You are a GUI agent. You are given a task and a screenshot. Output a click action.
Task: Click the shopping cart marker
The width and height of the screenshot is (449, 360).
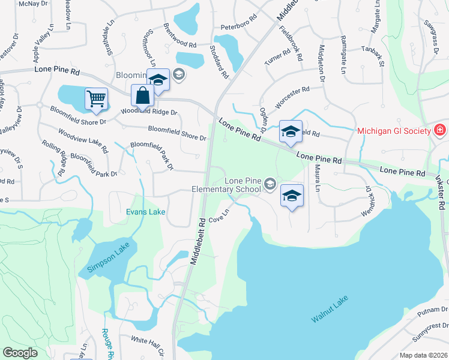(97, 99)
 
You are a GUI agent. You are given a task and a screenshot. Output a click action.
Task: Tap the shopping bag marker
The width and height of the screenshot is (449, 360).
(142, 96)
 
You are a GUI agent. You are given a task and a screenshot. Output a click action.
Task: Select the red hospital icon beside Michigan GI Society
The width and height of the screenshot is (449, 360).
(439, 130)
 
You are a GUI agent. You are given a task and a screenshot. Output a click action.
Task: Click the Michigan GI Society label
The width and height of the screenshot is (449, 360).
(394, 131)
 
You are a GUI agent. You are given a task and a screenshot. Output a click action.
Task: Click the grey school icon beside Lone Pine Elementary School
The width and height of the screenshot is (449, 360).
(270, 184)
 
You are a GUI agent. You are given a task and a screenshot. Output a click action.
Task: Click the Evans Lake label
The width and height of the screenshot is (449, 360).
(145, 212)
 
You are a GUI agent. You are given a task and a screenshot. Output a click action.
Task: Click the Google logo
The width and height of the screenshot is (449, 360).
(20, 353)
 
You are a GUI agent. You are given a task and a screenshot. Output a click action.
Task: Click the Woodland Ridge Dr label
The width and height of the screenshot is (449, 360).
(150, 112)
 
